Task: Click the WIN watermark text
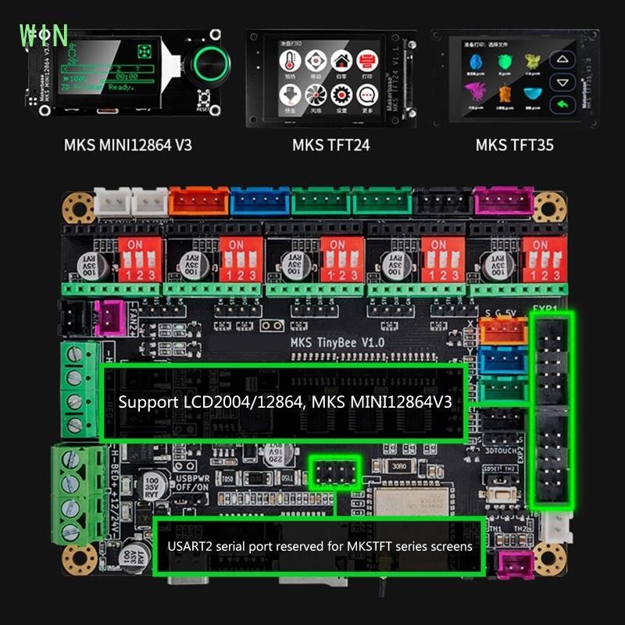click(x=44, y=35)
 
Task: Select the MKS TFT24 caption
click(x=330, y=145)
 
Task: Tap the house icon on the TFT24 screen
click(x=340, y=60)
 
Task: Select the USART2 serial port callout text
click(x=320, y=546)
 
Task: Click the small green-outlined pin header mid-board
click(x=334, y=473)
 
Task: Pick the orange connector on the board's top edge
click(x=199, y=204)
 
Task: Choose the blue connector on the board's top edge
click(x=259, y=204)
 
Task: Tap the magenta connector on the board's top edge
click(x=503, y=204)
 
